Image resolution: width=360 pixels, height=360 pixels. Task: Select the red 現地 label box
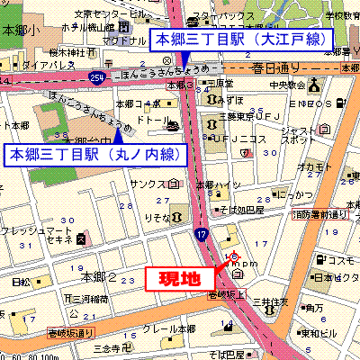click(x=180, y=279)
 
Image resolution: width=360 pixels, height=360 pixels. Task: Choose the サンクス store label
click(x=147, y=185)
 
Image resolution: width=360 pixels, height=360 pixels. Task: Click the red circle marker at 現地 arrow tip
click(x=234, y=256)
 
